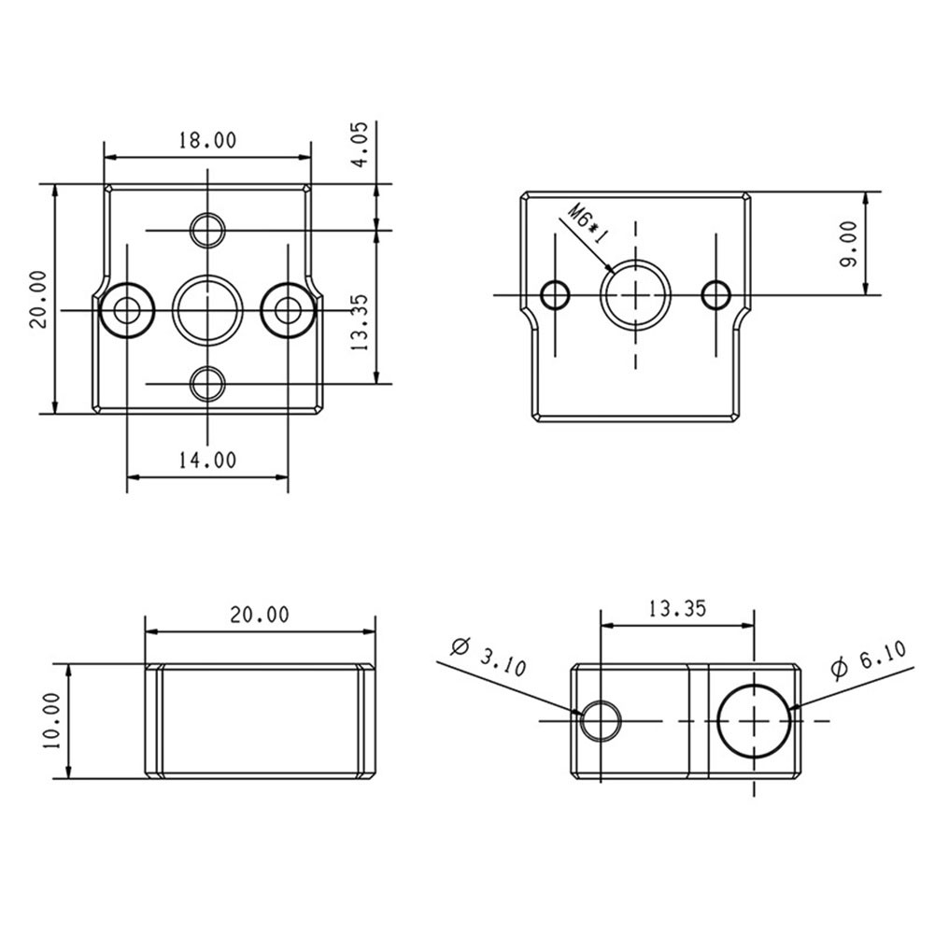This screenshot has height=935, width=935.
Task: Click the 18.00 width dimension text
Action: click(207, 140)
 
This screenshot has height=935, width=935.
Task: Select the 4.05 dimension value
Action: click(361, 144)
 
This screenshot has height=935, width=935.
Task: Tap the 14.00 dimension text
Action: click(207, 459)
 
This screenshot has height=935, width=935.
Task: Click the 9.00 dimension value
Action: click(848, 244)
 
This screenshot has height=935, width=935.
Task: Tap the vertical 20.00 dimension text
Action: click(37, 299)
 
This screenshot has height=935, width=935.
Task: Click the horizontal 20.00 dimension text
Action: click(259, 615)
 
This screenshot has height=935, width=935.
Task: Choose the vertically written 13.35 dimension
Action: click(361, 322)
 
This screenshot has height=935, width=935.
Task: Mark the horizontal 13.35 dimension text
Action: click(676, 609)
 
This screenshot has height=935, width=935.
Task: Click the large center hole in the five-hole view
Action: click(207, 308)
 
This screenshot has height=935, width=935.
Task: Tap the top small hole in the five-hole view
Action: click(207, 229)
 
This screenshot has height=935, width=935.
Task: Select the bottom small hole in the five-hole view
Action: click(207, 383)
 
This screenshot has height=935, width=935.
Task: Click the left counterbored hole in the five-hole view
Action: click(127, 308)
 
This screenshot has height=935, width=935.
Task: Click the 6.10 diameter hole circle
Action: click(754, 720)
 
